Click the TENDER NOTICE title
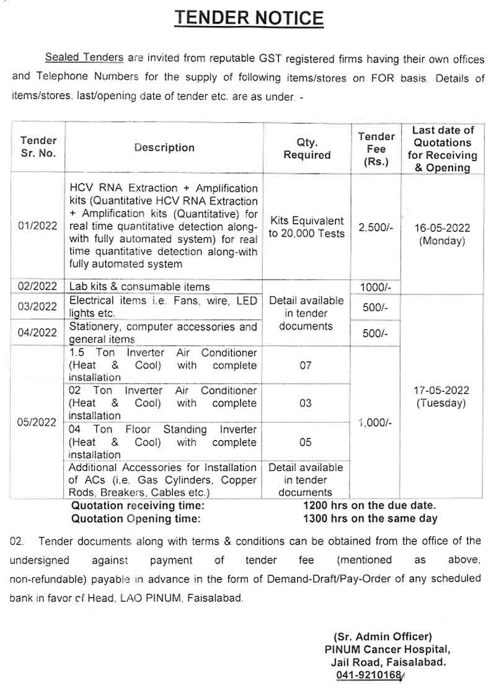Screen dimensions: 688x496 (249, 18)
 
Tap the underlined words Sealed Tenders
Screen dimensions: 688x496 (84, 58)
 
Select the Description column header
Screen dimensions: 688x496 (164, 148)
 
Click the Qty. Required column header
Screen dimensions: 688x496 (307, 149)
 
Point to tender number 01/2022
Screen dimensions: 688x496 (38, 226)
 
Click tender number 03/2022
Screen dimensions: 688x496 (38, 307)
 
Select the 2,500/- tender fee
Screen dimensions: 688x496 (376, 227)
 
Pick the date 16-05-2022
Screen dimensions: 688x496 (441, 227)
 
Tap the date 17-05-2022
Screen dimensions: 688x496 (441, 390)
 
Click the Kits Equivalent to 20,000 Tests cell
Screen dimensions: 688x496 (307, 227)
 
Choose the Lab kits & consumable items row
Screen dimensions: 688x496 (139, 287)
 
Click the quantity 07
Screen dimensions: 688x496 (306, 366)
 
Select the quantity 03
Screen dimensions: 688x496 (306, 404)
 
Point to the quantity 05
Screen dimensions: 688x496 (306, 443)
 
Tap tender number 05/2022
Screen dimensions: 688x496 (38, 422)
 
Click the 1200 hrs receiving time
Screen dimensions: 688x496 (370, 506)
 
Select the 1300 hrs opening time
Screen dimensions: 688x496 (370, 519)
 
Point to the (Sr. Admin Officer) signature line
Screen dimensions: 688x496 (383, 637)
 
